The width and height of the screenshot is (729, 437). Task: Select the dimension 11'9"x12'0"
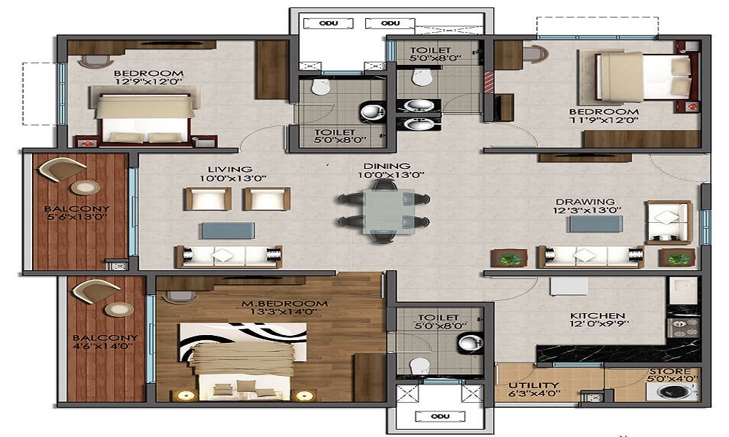604,121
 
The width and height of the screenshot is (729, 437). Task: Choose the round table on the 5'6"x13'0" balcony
87,187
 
